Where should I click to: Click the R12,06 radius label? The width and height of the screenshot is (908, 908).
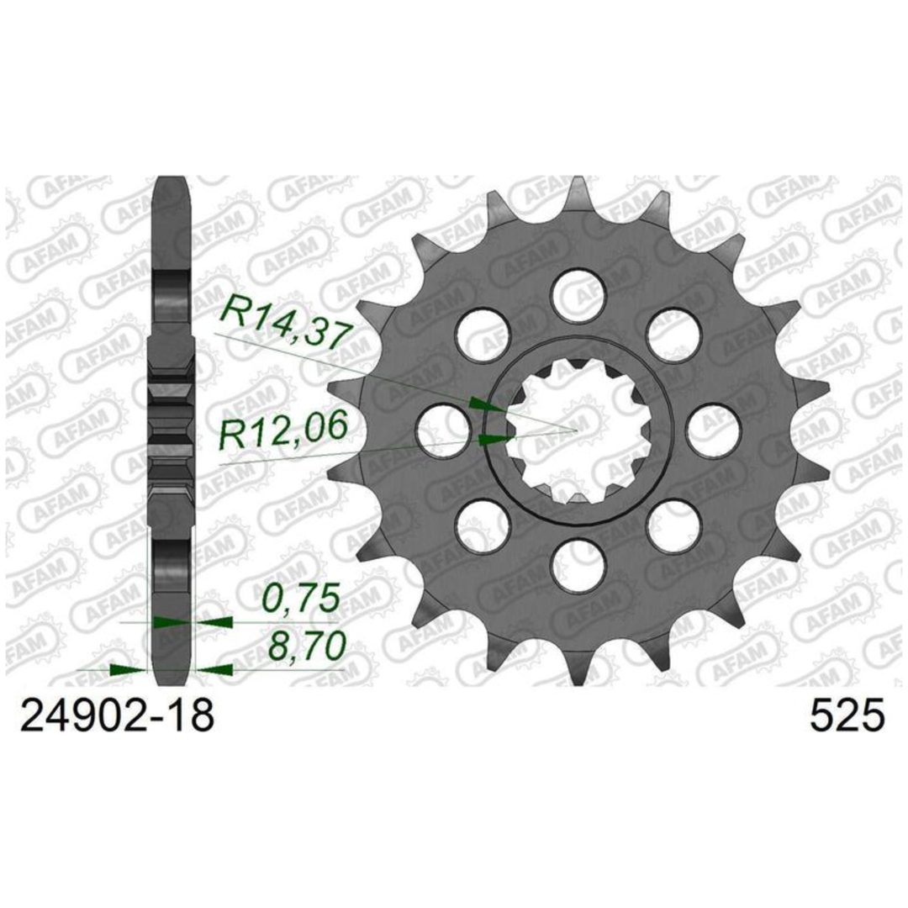[x=282, y=429]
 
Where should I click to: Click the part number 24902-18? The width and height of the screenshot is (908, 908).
[x=117, y=716]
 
